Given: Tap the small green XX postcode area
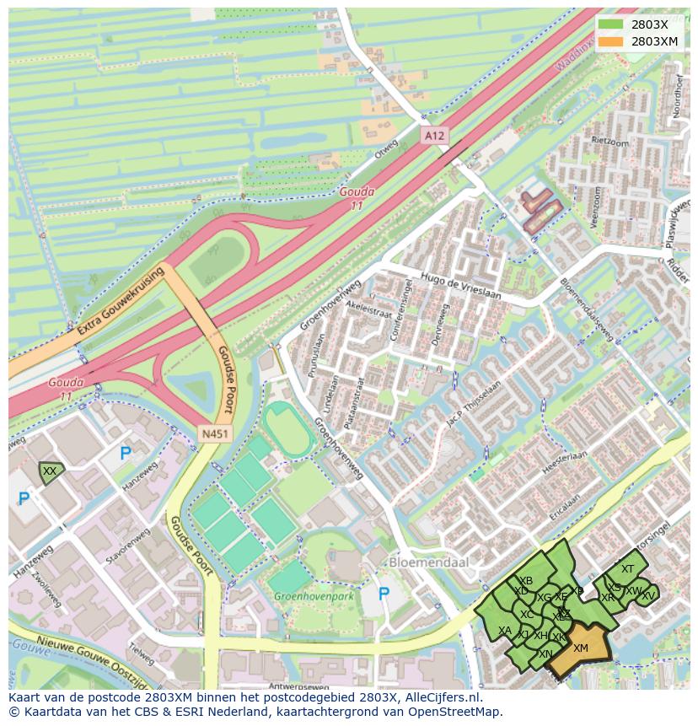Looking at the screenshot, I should click(x=50, y=471).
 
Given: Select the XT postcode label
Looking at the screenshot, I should click(x=627, y=569).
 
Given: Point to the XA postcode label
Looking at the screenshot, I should click(x=505, y=631).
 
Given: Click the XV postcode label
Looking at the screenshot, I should click(x=647, y=595).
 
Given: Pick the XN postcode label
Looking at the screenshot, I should click(x=545, y=654).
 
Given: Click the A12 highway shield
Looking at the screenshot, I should click(x=433, y=135).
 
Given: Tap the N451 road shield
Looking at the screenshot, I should click(x=213, y=433).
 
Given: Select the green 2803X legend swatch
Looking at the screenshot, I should click(x=611, y=24).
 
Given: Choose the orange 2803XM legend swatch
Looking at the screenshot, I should click(x=611, y=40).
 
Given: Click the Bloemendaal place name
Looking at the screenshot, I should click(x=428, y=562).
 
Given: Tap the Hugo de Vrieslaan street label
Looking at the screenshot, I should click(x=462, y=291).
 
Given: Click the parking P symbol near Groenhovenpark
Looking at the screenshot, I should click(x=384, y=594).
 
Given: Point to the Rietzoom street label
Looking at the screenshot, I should click(x=610, y=142).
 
